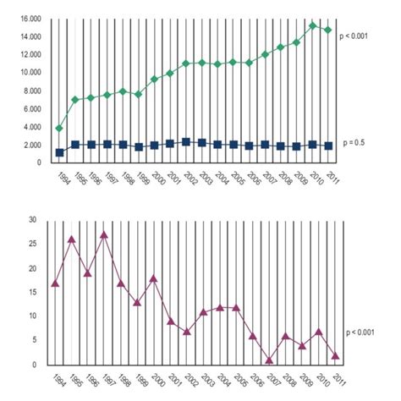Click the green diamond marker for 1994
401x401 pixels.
(x=59, y=129)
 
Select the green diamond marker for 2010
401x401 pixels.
(x=313, y=25)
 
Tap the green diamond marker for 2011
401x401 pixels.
(x=328, y=30)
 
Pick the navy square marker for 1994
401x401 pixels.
(x=59, y=153)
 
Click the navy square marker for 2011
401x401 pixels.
(x=328, y=146)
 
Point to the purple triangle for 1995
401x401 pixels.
(x=71, y=239)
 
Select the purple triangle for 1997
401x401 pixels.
(x=103, y=234)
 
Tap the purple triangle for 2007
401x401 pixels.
(x=269, y=360)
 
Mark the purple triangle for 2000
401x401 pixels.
(x=153, y=277)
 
